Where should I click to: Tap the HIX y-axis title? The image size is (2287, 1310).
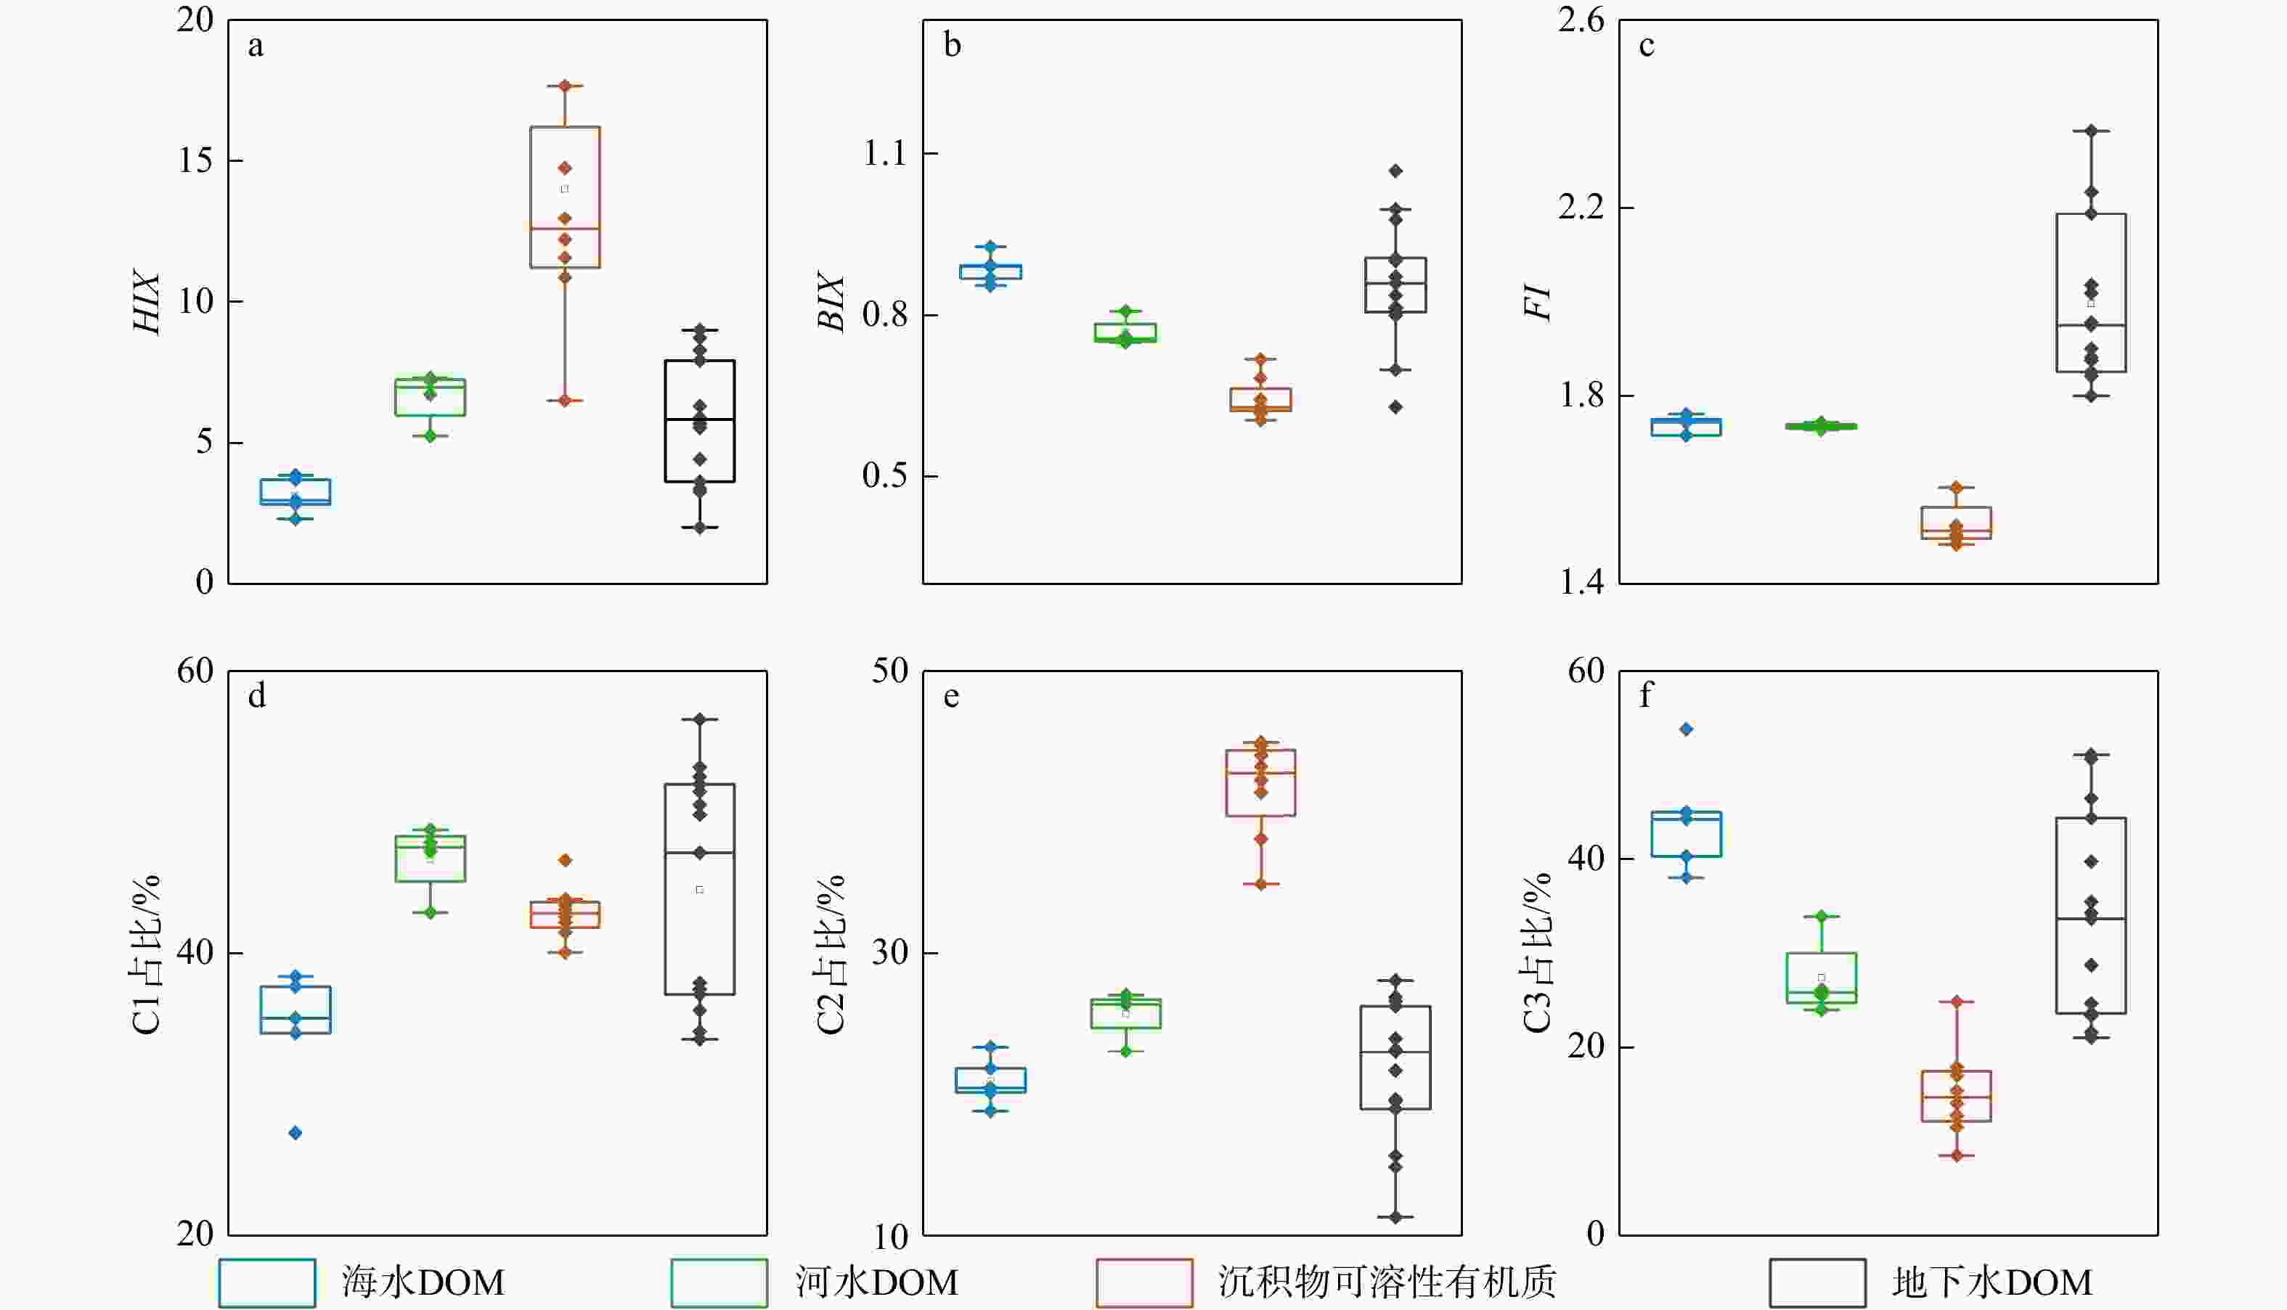[x=147, y=303]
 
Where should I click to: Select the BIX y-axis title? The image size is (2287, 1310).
[x=831, y=303]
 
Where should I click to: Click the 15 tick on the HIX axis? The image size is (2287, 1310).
[x=196, y=161]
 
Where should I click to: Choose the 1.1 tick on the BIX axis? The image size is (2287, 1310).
[x=886, y=154]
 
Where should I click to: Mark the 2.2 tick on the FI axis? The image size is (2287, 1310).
[x=1581, y=208]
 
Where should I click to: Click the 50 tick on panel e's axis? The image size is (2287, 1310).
[x=890, y=671]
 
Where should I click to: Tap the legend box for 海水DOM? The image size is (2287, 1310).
[x=267, y=1282]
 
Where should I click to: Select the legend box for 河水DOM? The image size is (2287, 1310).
[x=719, y=1282]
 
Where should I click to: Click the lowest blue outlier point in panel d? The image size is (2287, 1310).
[x=295, y=1133]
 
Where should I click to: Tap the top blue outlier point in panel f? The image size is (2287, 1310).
[x=1687, y=729]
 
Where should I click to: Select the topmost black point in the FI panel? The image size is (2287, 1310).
[x=2091, y=131]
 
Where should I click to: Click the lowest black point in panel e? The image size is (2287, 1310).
[x=1395, y=1217]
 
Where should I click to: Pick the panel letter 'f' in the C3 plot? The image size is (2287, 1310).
[x=1645, y=695]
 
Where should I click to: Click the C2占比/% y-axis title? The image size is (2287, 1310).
[x=831, y=954]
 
